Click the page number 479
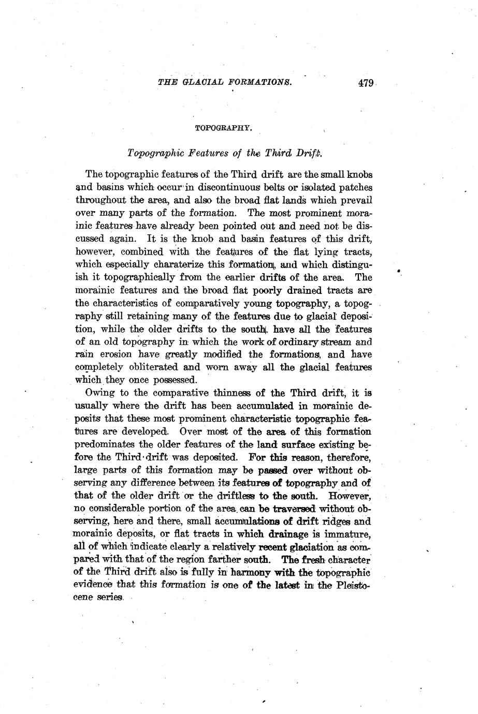coord(365,83)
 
